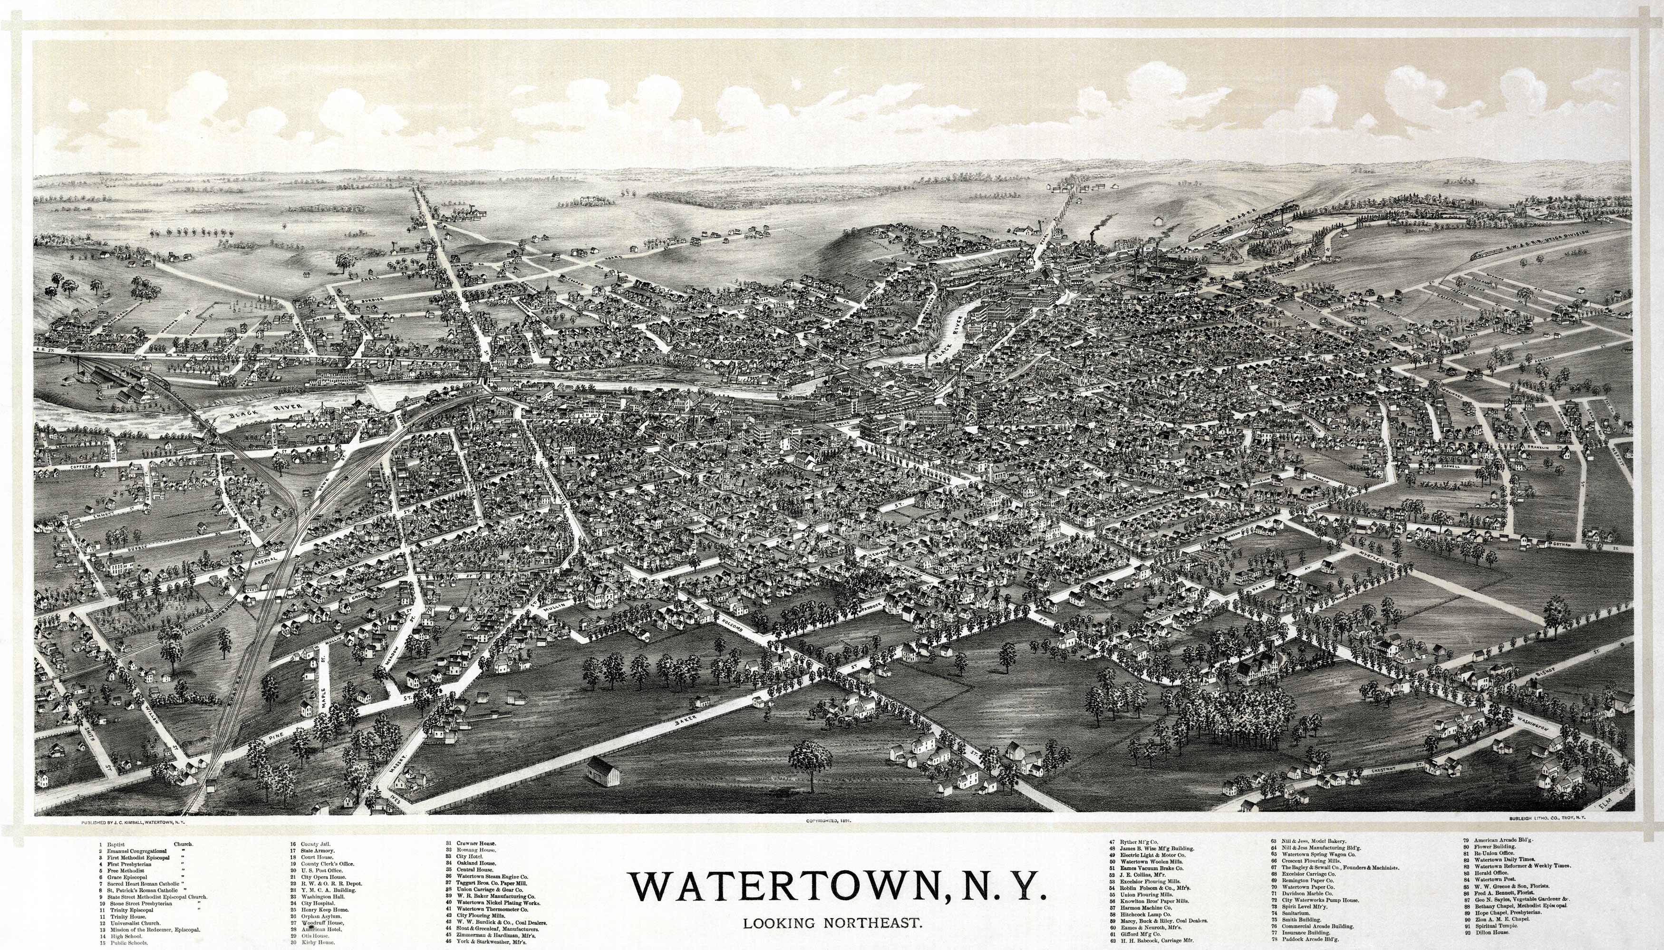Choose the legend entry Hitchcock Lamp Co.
click(1145, 914)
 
